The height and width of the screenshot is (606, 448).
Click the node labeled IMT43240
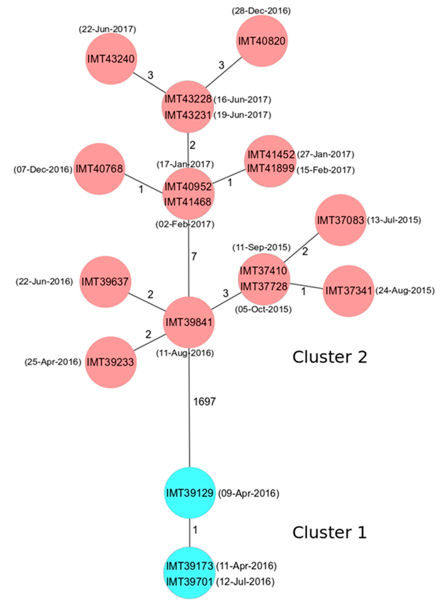pyautogui.click(x=111, y=59)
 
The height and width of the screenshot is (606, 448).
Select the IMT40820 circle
pyautogui.click(x=262, y=41)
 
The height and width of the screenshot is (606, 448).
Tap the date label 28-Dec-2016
pyautogui.click(x=261, y=11)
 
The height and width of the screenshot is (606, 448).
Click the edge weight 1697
pyautogui.click(x=204, y=401)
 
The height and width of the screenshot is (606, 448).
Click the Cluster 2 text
pyautogui.click(x=330, y=357)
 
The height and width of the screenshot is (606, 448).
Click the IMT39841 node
pyautogui.click(x=189, y=322)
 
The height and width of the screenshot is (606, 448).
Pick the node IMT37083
pyautogui.click(x=341, y=220)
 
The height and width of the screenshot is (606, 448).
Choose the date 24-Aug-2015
pyautogui.click(x=405, y=291)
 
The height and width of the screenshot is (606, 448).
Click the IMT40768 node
pyautogui.click(x=99, y=169)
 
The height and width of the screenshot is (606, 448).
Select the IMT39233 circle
pyautogui.click(x=111, y=362)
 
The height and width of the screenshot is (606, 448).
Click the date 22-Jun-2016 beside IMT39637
pyautogui.click(x=44, y=282)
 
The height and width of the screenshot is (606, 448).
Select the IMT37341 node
pyautogui.click(x=349, y=291)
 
